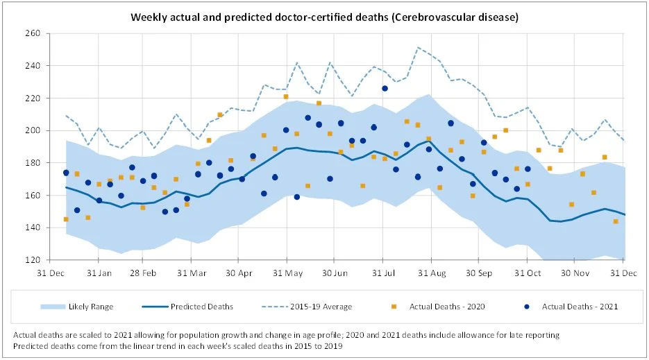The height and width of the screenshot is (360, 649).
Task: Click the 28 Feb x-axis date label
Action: coord(144,273)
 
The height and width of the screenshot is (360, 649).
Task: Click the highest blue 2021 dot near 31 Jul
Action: coord(385,88)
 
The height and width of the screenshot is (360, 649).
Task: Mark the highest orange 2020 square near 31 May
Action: coord(286,97)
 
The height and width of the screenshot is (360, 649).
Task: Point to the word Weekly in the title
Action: coord(148,16)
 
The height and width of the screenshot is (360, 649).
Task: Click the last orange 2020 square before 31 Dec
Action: coord(616,221)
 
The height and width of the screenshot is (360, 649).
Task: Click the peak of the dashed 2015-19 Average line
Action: coord(418,47)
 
